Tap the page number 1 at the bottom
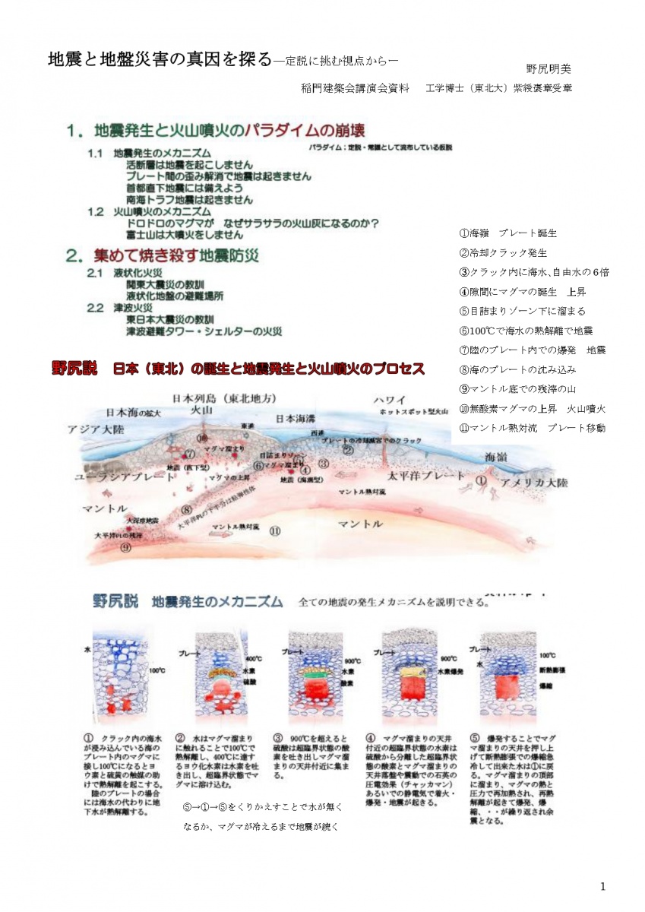(x=602, y=886)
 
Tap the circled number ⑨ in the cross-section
(x=126, y=546)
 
